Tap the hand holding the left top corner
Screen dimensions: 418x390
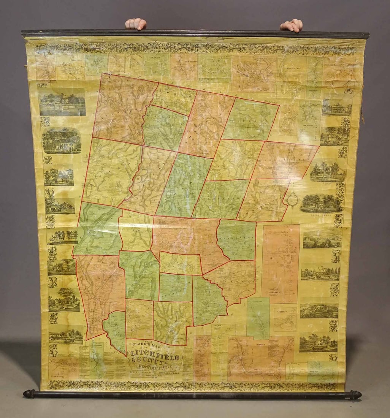[x=136, y=24]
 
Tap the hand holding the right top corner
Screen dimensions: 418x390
[x=292, y=25]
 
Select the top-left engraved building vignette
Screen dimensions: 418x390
[x=62, y=102]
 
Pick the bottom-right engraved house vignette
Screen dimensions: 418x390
[x=318, y=343]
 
